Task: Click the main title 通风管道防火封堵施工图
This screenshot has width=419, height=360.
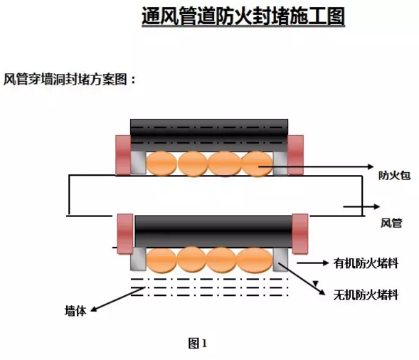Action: point(243,16)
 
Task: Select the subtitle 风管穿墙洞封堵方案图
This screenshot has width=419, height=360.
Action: point(65,79)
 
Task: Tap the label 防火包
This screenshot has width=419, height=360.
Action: point(394,176)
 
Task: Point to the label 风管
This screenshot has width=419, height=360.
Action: point(391,223)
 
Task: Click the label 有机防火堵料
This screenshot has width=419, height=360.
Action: point(366,263)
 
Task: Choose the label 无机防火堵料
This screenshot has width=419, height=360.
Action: point(366,295)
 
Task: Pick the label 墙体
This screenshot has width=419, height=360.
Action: point(75,311)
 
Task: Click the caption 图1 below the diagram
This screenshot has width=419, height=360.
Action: point(198,343)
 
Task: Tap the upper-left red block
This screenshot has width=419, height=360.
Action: point(123,155)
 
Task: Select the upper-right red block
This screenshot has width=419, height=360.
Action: point(295,155)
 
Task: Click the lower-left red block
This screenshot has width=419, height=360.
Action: point(125,234)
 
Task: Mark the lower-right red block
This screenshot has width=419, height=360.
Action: point(300,234)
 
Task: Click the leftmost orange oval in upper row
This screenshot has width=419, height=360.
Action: point(161,164)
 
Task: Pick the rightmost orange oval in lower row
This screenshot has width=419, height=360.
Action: point(255,260)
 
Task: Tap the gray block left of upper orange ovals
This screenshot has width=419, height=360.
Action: point(138,163)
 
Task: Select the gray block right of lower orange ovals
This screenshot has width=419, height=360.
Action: point(280,259)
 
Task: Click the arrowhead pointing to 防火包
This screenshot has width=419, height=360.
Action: point(371,166)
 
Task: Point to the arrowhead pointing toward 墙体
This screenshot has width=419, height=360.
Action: point(94,309)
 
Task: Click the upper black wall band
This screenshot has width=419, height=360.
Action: point(209,135)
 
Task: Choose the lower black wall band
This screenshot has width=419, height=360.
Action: point(213,231)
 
